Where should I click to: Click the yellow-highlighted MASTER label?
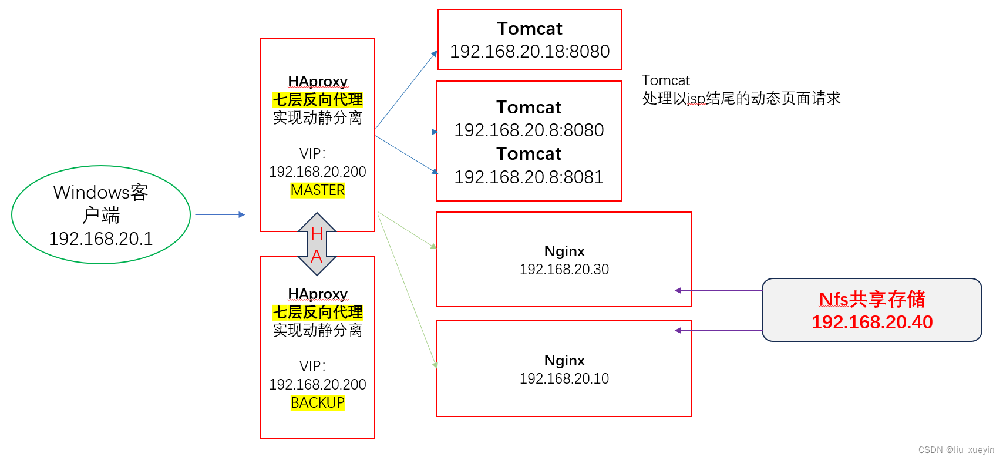[318, 190]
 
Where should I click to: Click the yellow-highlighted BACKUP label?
[318, 403]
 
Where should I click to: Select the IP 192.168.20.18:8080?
[530, 52]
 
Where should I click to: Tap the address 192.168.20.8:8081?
[529, 177]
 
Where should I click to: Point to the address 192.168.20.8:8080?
[529, 130]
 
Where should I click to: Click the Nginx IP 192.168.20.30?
[564, 270]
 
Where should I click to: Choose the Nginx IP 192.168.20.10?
[564, 379]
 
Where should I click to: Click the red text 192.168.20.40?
[871, 322]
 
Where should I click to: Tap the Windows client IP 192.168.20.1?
[101, 239]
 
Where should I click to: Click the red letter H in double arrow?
[317, 234]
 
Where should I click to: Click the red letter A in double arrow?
[317, 257]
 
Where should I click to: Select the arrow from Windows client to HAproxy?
[220, 215]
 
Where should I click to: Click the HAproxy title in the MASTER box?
[318, 81]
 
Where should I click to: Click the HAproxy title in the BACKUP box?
[318, 294]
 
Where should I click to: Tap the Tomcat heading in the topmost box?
[530, 29]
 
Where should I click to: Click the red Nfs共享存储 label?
[871, 299]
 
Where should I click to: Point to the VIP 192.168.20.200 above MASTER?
[318, 172]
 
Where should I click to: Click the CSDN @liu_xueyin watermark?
[956, 450]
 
